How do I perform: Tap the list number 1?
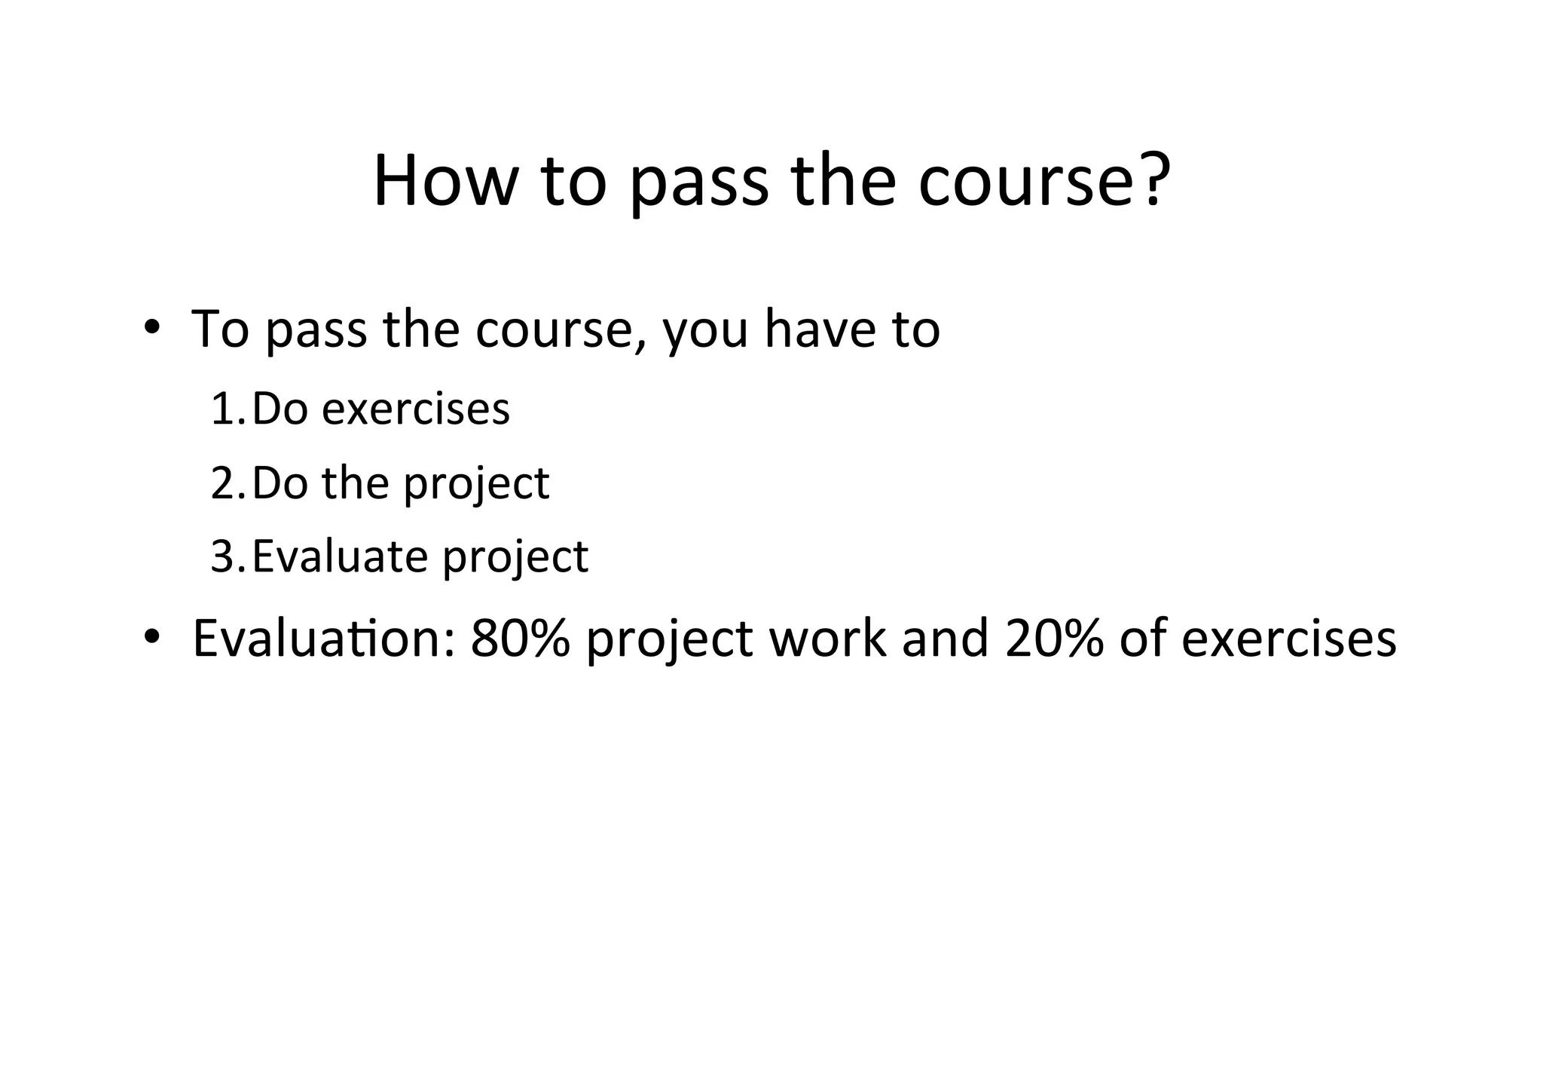[x=225, y=409]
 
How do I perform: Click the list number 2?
[x=225, y=483]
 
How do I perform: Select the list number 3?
[x=225, y=557]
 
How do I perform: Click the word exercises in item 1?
[x=416, y=409]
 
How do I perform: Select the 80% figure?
[x=520, y=639]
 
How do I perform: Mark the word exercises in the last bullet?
[x=1288, y=639]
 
